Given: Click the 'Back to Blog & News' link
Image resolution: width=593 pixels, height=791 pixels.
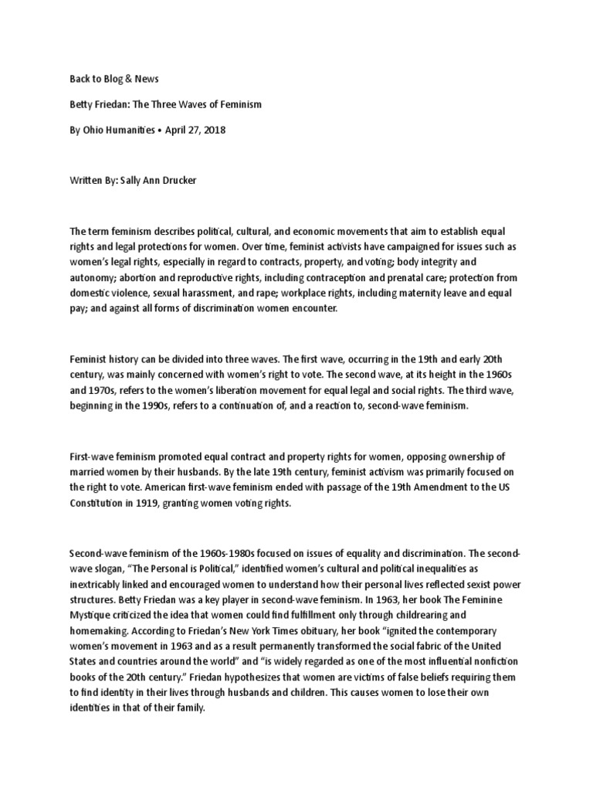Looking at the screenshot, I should click(114, 79).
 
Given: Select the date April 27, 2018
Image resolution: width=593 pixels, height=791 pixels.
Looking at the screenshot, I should click(195, 130).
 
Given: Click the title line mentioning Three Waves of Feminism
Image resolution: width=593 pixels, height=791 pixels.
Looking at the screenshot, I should click(165, 104).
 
